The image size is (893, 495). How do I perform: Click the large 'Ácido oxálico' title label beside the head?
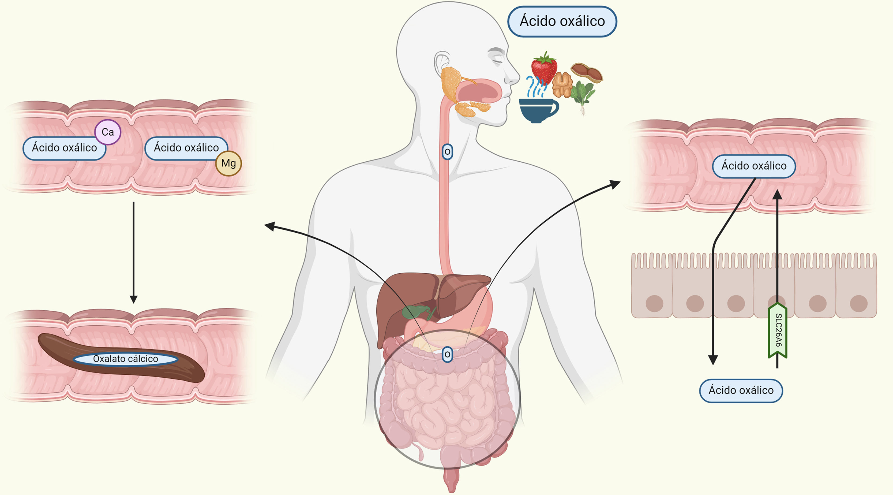562,21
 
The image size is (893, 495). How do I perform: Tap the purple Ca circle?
107,132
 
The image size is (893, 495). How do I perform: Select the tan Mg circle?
228,163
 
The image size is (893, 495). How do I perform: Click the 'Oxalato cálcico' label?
126,359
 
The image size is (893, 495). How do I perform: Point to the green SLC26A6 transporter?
778,330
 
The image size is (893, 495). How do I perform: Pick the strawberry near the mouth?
544,68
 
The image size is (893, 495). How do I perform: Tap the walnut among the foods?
562,85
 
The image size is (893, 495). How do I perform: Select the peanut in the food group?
587,72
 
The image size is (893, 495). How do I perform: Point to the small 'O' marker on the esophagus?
447,152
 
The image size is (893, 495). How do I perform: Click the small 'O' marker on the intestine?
447,355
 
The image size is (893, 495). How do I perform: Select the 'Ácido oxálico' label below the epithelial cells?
741,390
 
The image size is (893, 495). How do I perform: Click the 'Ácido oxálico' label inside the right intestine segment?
754,166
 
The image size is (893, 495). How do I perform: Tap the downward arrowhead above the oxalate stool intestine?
133,299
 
